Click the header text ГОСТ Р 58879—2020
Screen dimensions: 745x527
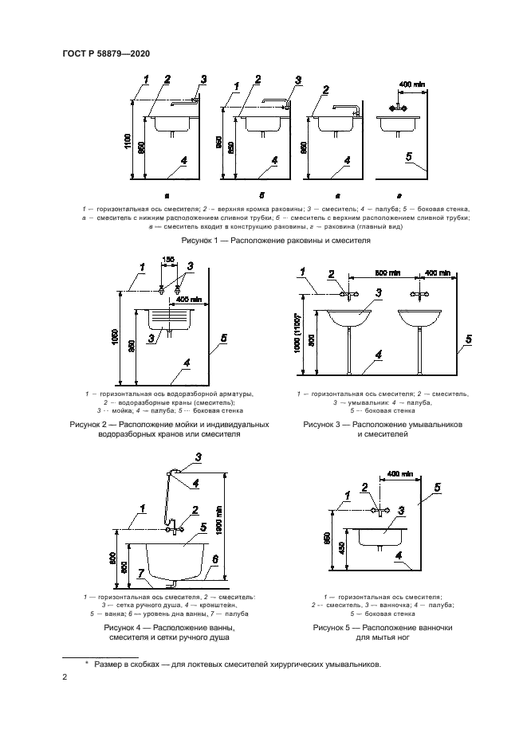(x=105, y=53)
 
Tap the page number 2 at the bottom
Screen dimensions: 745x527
(x=64, y=677)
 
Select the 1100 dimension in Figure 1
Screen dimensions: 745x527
(x=128, y=140)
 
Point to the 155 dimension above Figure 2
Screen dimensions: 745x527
(x=167, y=259)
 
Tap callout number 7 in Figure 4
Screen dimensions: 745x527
(x=141, y=573)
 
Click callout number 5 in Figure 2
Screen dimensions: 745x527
(x=224, y=339)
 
